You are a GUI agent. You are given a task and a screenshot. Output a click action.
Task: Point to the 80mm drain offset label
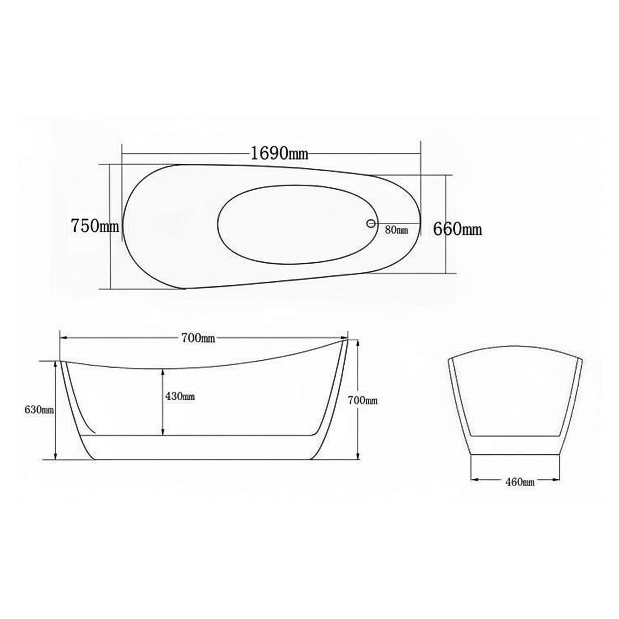397,230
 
